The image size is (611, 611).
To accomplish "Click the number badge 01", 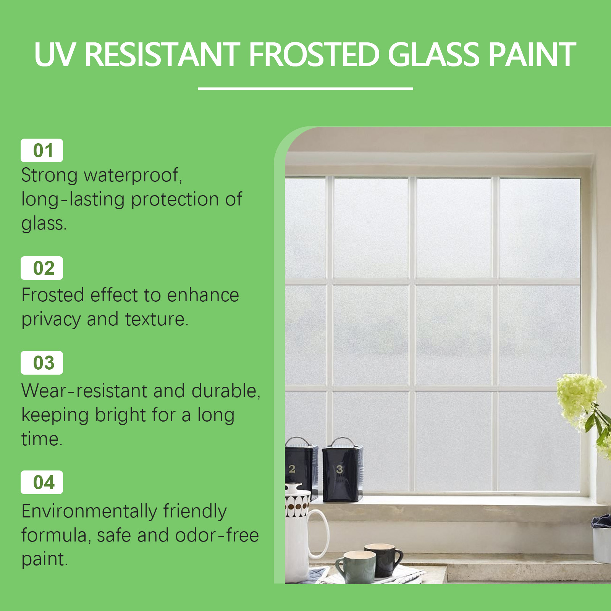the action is (42, 150).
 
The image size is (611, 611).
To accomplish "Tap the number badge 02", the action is (42, 268).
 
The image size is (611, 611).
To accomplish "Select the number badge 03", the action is (42, 363).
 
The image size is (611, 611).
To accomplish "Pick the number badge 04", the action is (42, 482).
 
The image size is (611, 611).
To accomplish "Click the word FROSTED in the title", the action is (314, 55).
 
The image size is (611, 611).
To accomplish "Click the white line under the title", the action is (305, 89).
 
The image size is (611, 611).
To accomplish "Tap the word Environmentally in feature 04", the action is (89, 512).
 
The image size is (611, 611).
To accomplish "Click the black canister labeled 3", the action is (342, 470).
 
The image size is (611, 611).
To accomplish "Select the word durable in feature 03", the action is (226, 391).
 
